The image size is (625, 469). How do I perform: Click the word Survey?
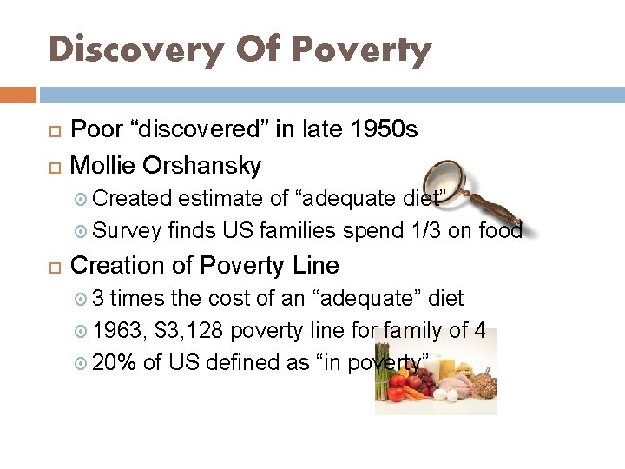128,230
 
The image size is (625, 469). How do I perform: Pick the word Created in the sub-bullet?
133,199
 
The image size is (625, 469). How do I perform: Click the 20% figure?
115,363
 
